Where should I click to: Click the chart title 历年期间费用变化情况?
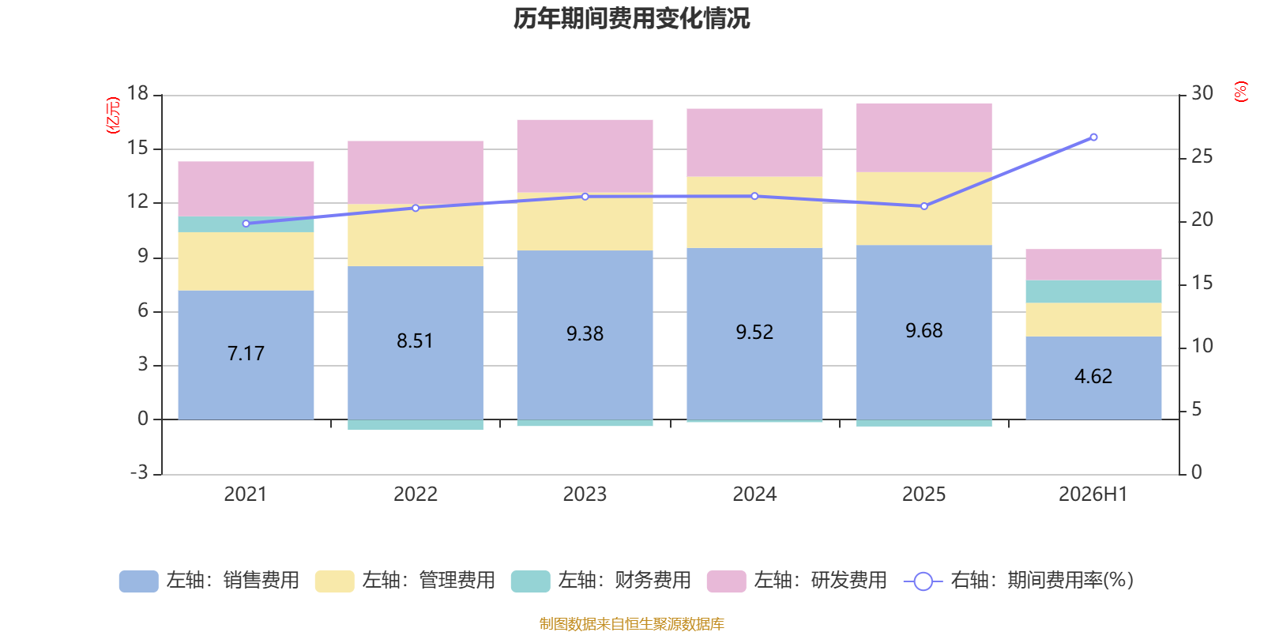631,19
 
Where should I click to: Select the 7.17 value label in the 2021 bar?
246,353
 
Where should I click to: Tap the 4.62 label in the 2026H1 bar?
1093,376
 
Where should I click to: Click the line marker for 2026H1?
1093,137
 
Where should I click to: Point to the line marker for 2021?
246,224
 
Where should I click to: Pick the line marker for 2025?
924,206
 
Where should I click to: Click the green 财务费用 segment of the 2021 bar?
246,224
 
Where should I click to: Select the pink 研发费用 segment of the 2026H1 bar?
1093,265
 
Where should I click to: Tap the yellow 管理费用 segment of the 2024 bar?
754,213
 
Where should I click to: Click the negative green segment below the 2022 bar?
416,425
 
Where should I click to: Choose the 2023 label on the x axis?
585,495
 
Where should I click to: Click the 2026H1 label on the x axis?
1093,495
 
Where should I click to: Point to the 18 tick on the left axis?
137,93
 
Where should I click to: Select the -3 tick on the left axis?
139,472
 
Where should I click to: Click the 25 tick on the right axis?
1202,156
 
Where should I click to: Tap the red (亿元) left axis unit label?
113,115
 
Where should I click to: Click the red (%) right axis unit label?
1240,92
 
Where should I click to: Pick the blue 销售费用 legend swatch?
139,581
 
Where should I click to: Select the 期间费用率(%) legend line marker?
924,581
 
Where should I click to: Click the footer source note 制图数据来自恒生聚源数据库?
631,623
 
